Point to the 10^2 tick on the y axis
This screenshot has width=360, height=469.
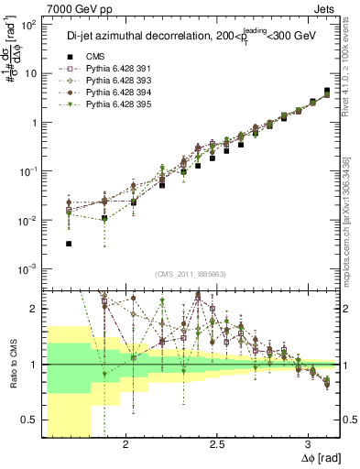pyautogui.click(x=29, y=25)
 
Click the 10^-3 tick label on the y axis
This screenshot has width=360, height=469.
pyautogui.click(x=27, y=268)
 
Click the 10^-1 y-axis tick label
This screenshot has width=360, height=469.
pyautogui.click(x=27, y=171)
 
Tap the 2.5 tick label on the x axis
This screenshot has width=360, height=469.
pyautogui.click(x=217, y=444)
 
